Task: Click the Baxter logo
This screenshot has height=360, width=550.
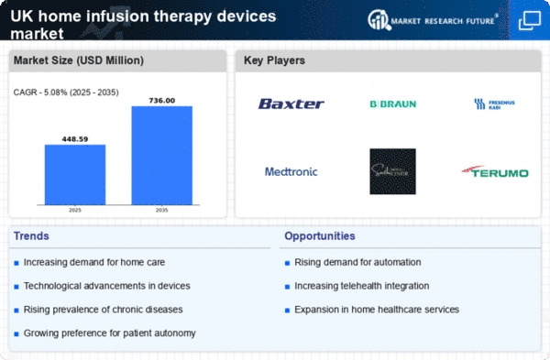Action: pyautogui.click(x=291, y=104)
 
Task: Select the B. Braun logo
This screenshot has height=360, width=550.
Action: pyautogui.click(x=392, y=104)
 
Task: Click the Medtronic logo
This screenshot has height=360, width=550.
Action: pyautogui.click(x=291, y=171)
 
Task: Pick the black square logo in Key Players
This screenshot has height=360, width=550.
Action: pyautogui.click(x=392, y=171)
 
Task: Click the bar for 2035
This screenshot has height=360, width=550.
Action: pyautogui.click(x=162, y=155)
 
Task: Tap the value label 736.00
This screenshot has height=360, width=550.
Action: pyautogui.click(x=162, y=100)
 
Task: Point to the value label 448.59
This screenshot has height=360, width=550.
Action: pyautogui.click(x=75, y=138)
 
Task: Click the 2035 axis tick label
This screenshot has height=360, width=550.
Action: pyautogui.click(x=162, y=210)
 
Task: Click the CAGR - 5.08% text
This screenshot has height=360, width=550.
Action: pyautogui.click(x=63, y=91)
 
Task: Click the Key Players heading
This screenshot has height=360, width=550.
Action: pyautogui.click(x=274, y=60)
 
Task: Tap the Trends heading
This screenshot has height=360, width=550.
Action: pyautogui.click(x=33, y=236)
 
